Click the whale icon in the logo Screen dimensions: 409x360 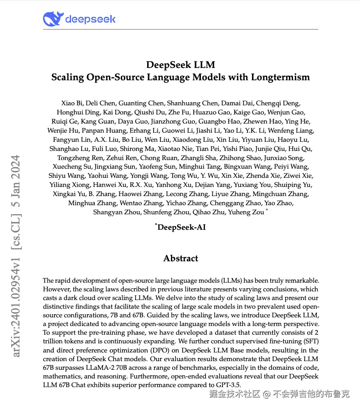pos(52,19)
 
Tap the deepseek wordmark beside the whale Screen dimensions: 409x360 pos(90,19)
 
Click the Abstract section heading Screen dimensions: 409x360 pos(181,258)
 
